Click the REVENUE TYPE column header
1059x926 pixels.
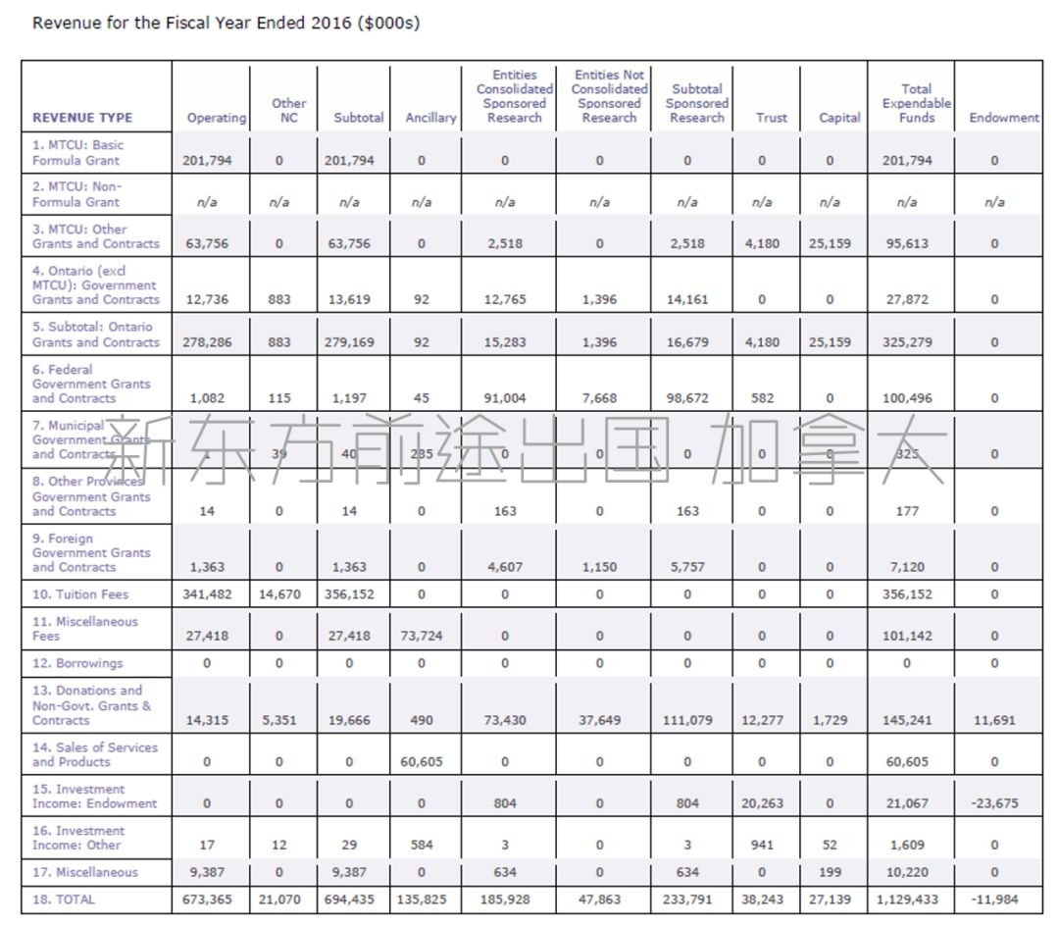click(x=82, y=118)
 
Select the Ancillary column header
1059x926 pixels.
click(x=430, y=118)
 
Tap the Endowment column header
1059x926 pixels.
click(x=1004, y=118)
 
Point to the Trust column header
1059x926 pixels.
click(x=772, y=118)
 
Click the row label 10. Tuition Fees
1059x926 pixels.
click(x=80, y=594)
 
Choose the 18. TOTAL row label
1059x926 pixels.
click(x=64, y=899)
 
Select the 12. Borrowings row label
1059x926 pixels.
click(x=77, y=663)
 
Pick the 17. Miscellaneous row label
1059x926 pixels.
click(x=85, y=872)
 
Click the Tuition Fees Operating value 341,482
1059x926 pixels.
click(x=207, y=594)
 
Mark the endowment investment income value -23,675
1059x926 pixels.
click(x=994, y=803)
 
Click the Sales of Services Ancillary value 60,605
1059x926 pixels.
click(x=422, y=761)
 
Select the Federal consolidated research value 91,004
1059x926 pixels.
click(x=505, y=398)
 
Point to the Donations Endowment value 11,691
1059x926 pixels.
click(x=994, y=720)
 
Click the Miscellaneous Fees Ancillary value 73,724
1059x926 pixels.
click(x=422, y=636)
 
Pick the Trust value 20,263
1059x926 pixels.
click(x=762, y=803)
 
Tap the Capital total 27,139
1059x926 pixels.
click(x=830, y=899)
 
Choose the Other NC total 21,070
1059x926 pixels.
click(x=279, y=899)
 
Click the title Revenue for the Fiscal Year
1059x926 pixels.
click(x=227, y=23)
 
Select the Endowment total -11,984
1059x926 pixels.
click(x=994, y=899)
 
